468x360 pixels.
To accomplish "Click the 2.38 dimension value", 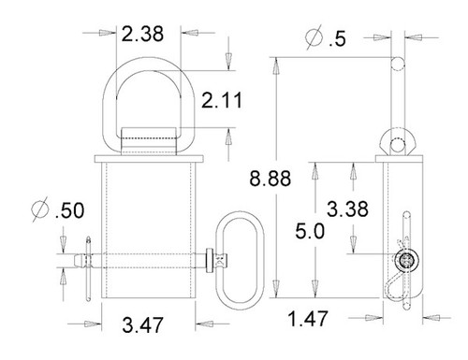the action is [142, 34].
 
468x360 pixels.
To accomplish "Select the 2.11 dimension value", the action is [222, 100].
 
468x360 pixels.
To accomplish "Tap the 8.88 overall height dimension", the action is [271, 179].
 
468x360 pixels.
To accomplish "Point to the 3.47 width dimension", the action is [142, 324].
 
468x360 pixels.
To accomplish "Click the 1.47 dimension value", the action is [308, 319].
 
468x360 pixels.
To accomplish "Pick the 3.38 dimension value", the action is [347, 209].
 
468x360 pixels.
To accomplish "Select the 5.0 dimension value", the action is [310, 231].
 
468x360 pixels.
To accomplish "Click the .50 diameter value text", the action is [69, 210].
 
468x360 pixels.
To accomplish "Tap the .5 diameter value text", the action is [338, 39].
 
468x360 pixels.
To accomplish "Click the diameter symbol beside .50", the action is [40, 209].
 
